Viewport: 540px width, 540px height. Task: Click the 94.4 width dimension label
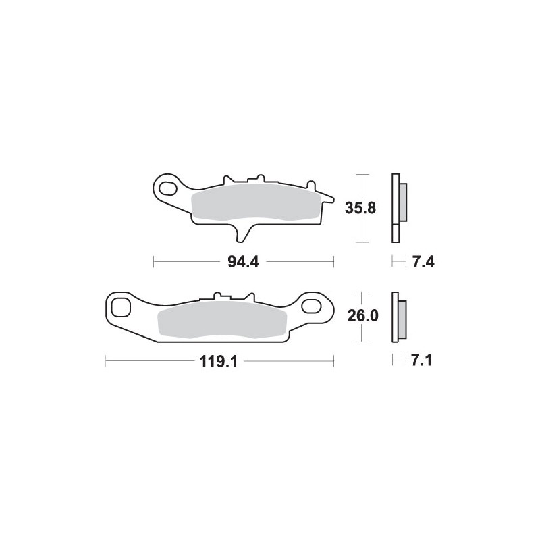(x=243, y=262)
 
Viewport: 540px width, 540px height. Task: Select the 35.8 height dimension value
(x=360, y=209)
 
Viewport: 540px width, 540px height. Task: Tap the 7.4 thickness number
(x=423, y=262)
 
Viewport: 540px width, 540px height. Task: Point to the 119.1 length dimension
(x=219, y=362)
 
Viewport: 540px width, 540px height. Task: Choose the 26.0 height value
(x=363, y=315)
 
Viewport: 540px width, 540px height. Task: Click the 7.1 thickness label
(x=421, y=361)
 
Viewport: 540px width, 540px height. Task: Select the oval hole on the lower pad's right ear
(x=310, y=305)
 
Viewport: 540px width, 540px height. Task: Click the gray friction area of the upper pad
(x=255, y=202)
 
